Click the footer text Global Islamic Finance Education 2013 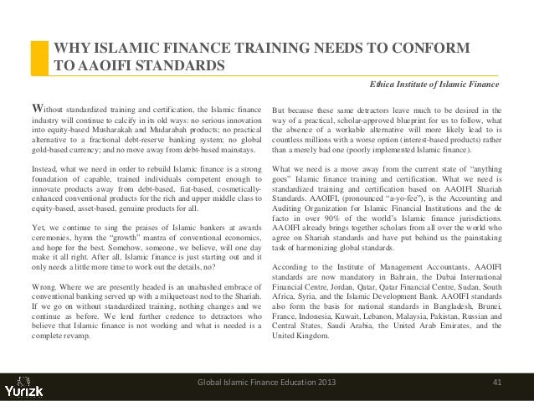coord(269,383)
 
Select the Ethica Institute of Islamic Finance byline coord(436,85)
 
